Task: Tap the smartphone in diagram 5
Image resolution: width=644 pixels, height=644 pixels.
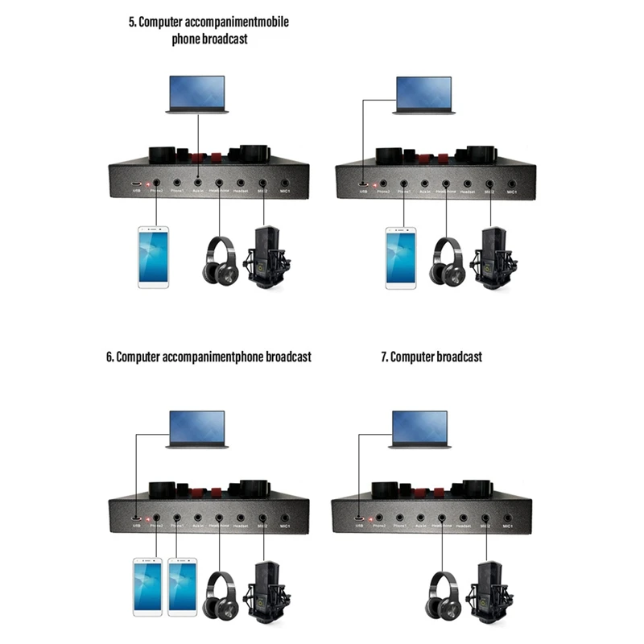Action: coord(155,257)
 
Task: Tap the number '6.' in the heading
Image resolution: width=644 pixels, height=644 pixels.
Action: coord(110,356)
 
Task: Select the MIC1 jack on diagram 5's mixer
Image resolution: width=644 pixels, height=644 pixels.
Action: coord(285,184)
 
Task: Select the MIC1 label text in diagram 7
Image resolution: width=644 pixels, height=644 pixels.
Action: coord(507,527)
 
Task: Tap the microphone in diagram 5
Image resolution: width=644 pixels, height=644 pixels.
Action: coord(269,257)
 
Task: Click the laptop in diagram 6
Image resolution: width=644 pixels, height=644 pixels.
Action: coord(198,430)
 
